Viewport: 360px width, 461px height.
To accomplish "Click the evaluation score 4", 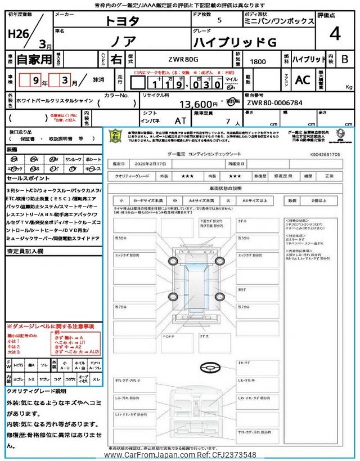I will pyautogui.click(x=335, y=34).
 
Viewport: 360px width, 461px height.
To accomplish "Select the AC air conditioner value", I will pyautogui.click(x=303, y=80).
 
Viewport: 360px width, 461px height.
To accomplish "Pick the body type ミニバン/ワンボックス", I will pyautogui.click(x=279, y=21).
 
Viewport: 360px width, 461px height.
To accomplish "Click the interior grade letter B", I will pyautogui.click(x=345, y=59).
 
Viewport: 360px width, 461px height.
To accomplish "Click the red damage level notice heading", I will pyautogui.click(x=51, y=327).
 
